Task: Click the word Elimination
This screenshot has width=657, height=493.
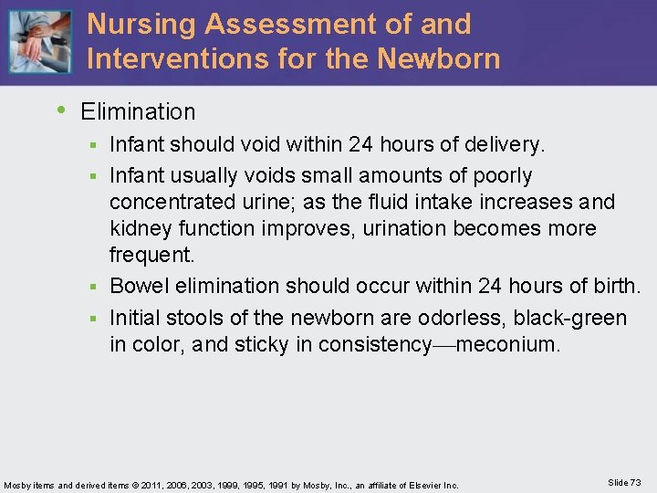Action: click(138, 112)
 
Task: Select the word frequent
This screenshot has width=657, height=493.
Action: click(146, 255)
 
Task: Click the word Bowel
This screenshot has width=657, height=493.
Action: click(137, 287)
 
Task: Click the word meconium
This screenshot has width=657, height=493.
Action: click(508, 344)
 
